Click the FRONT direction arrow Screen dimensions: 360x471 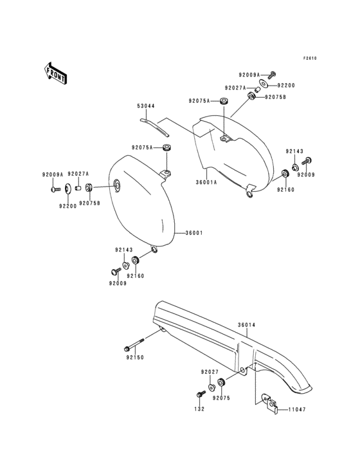pos(55,73)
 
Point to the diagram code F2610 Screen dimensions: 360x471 pos(310,59)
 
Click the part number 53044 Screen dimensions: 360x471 pos(146,106)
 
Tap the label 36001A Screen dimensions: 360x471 pos(207,182)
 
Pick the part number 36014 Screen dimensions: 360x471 pos(247,325)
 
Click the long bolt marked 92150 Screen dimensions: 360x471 pos(134,345)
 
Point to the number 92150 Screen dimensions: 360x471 pos(135,358)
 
